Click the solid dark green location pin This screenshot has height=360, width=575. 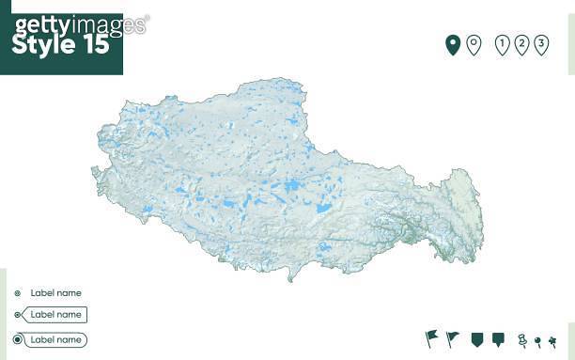[452, 43]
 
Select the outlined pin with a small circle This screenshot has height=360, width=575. [474, 43]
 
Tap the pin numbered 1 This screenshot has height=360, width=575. [502, 43]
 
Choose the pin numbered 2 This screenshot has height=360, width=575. [522, 43]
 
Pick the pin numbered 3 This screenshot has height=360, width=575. [542, 43]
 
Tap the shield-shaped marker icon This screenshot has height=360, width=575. [476, 337]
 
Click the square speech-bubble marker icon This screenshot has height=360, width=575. [498, 337]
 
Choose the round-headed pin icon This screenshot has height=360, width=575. [536, 340]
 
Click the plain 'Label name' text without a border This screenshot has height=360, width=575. [55, 292]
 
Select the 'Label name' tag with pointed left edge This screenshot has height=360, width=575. [54, 315]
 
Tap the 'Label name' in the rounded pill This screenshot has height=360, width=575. [55, 339]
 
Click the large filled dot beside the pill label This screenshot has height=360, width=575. [17, 339]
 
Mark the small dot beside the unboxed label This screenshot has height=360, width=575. [17, 292]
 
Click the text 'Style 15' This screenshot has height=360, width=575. [60, 44]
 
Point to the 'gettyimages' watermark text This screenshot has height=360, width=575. [80, 24]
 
